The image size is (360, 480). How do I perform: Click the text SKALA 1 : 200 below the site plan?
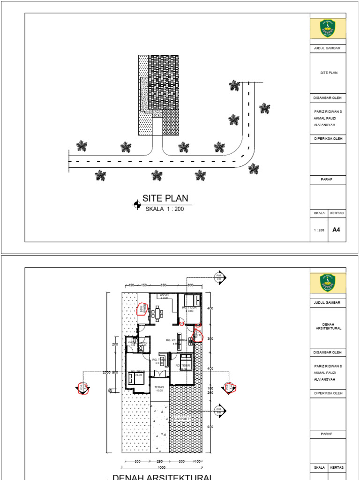(165, 209)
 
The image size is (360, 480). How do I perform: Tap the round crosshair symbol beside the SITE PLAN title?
(137, 204)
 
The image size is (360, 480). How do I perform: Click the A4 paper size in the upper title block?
(336, 230)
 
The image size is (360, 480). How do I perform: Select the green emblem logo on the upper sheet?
(328, 29)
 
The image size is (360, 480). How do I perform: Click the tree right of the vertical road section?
(265, 108)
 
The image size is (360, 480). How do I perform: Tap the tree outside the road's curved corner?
(254, 168)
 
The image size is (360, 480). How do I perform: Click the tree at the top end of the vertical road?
(234, 85)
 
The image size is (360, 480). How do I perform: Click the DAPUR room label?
(164, 296)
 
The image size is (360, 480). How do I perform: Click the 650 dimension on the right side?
(210, 427)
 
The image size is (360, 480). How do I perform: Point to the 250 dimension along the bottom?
(159, 462)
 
